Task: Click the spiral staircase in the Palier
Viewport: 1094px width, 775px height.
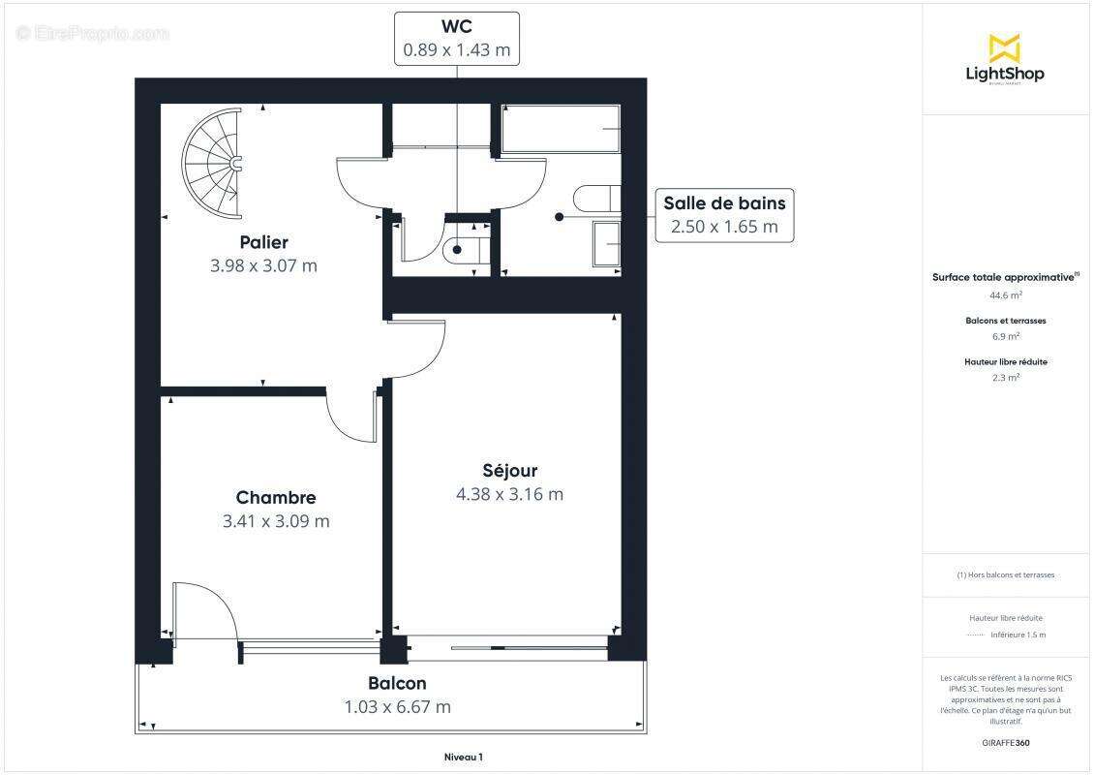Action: [x=212, y=165]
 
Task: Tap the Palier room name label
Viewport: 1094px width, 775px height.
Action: [x=263, y=242]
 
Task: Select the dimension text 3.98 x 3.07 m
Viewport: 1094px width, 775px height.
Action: [x=263, y=265]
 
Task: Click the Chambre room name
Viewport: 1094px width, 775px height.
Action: [x=276, y=498]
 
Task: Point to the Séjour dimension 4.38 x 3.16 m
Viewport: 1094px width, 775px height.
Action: [x=509, y=494]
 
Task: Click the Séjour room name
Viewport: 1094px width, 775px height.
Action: [x=509, y=471]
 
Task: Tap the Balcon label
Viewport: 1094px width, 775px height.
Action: [x=397, y=683]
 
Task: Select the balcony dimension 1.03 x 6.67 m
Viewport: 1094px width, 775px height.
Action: [x=397, y=707]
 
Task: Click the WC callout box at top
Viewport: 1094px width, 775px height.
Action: [x=456, y=39]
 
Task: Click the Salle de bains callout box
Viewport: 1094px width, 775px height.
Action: [x=724, y=215]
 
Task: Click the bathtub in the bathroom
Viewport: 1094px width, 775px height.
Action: [x=561, y=129]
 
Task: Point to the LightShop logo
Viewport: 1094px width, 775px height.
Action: [x=1004, y=60]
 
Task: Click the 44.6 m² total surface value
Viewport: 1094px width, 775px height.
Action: [x=1005, y=295]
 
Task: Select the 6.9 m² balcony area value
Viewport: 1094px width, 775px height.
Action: [x=1005, y=337]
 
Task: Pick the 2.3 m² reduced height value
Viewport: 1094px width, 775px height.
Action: [x=1005, y=378]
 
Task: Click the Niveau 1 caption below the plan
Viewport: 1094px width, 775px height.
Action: [x=456, y=757]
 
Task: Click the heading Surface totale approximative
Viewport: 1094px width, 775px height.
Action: [x=1003, y=277]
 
